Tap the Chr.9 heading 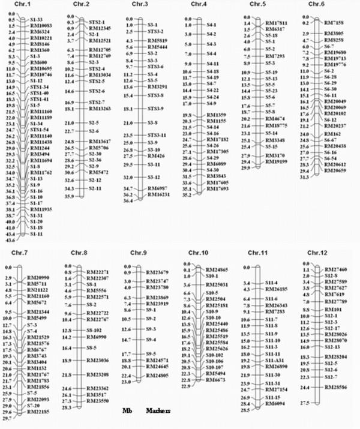tap(140, 254)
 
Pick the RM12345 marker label tap(100, 28)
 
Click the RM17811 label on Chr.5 tap(278, 23)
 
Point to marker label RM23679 tap(159, 273)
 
